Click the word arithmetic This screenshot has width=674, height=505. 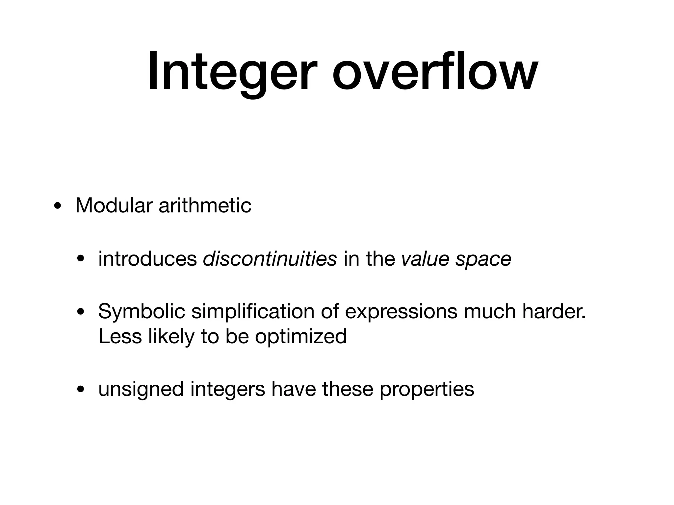tap(205, 205)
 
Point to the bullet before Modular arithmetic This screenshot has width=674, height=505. tap(58, 207)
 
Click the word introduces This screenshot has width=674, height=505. tap(147, 259)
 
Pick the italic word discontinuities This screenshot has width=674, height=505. tap(270, 259)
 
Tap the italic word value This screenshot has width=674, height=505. tap(425, 259)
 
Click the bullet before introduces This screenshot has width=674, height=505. tap(80, 260)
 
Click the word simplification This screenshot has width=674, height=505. tap(252, 311)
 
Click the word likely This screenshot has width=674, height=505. tap(171, 336)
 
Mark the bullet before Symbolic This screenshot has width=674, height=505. tap(80, 313)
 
